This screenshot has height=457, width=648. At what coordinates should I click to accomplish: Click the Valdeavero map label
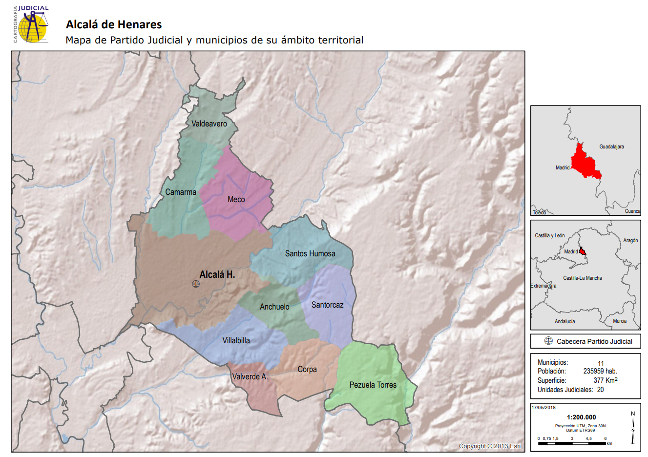pos(209,124)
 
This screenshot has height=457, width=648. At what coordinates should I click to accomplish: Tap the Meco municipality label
pos(236,199)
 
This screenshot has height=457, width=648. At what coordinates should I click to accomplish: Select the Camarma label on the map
pos(181,192)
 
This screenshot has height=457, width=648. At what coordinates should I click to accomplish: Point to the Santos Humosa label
pos(310,253)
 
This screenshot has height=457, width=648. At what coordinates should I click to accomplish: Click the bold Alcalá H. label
pos(217,275)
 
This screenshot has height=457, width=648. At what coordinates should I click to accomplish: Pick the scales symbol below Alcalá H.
pos(196,284)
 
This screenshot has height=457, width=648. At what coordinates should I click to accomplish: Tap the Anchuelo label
pos(274,307)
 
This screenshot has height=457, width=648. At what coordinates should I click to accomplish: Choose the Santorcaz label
pos(327,305)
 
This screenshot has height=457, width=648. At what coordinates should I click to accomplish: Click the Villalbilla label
pos(236,340)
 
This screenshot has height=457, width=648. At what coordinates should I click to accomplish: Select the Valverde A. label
pos(250,376)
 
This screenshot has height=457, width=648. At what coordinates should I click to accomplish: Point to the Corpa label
pos(307,369)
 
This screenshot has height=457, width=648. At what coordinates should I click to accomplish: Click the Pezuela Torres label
pos(373,385)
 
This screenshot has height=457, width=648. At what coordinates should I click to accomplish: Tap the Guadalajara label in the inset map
pos(611,146)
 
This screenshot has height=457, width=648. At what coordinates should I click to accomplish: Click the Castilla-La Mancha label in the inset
pos(583,278)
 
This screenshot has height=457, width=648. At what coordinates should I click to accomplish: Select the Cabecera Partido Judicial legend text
pos(594,341)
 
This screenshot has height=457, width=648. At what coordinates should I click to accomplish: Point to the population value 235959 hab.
pos(600,371)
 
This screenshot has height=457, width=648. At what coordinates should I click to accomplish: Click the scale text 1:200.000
pos(581,417)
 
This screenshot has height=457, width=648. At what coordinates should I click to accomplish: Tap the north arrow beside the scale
pos(633,427)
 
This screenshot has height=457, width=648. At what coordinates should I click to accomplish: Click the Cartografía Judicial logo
pos(31,24)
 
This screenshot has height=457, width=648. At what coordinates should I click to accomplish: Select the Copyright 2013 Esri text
pos(490,446)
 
